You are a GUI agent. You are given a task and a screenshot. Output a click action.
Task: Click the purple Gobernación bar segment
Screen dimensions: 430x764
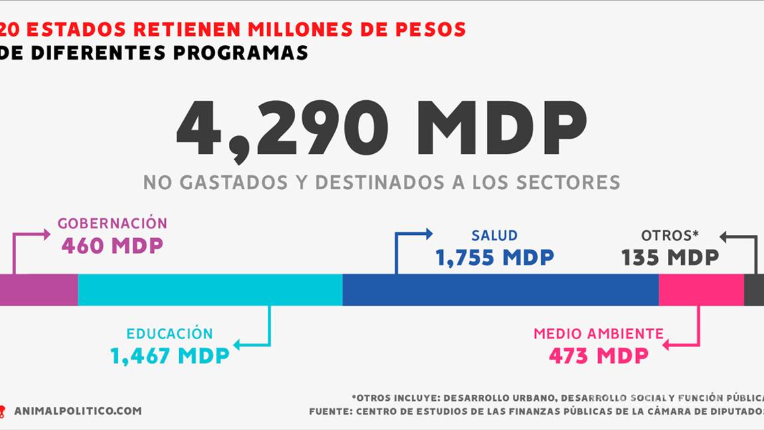pos(38,290)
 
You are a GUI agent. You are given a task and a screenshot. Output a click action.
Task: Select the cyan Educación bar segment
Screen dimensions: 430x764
pos(210,290)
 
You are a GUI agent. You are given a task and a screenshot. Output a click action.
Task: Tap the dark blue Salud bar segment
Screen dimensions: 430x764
pos(500,290)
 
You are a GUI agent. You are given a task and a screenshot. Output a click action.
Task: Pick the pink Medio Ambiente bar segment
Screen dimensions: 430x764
pos(701,290)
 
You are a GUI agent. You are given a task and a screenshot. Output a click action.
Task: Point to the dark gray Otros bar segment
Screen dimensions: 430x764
pos(754,290)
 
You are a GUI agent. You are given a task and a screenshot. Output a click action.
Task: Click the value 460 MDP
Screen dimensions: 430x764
pos(112,246)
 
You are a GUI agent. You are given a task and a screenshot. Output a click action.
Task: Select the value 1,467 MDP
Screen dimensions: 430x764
pos(170,356)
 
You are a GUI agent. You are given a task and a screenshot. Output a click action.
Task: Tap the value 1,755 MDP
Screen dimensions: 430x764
pos(494,257)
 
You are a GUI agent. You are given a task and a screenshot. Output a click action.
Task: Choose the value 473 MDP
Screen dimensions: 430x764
pos(598,356)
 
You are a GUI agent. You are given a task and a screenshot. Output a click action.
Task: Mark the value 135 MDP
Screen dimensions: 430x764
pos(670,257)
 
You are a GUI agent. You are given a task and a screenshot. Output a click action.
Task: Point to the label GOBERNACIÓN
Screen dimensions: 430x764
pos(112,224)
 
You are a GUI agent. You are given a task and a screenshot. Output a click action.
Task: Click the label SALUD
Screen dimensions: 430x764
pos(494,236)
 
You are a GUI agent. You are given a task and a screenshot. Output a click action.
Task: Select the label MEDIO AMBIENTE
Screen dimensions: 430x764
pos(598,334)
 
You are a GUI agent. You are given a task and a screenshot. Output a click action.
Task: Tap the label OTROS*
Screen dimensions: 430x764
pos(670,236)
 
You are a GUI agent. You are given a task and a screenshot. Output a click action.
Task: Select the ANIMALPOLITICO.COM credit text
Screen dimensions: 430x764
pos(78,411)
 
